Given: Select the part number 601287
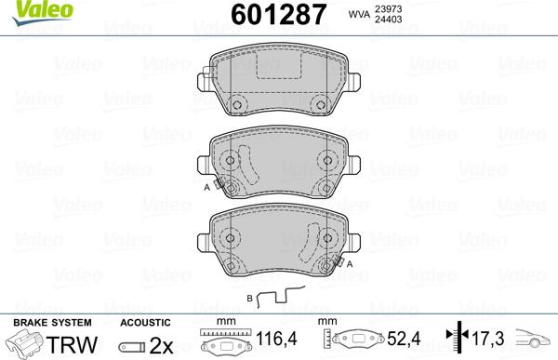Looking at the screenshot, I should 276,16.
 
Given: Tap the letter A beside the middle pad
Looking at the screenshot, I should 206,187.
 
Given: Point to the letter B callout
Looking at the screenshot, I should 248,298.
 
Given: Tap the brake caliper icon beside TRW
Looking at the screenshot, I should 25,344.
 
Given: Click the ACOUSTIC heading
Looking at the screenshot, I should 146,323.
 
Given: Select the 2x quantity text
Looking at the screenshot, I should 160,344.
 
